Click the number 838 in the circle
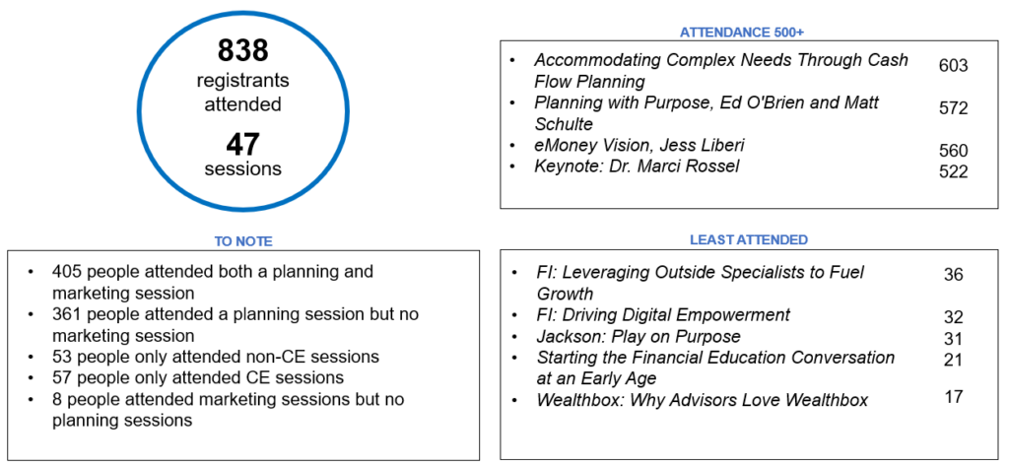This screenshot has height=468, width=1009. [242, 50]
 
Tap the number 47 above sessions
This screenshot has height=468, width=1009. [242, 144]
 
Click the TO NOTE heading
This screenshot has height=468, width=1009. [242, 241]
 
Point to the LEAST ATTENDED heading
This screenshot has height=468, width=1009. [749, 240]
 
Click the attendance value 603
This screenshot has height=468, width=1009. [953, 66]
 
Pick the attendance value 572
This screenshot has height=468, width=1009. [953, 108]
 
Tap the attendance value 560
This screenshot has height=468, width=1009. [953, 151]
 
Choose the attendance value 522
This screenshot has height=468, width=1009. [953, 171]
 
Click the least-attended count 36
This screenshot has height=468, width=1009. [953, 275]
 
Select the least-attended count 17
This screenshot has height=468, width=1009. [953, 396]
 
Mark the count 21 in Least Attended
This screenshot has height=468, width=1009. [953, 360]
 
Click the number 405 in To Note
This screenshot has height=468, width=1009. [66, 272]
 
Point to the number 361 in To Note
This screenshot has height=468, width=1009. [66, 314]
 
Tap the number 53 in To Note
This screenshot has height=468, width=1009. [62, 357]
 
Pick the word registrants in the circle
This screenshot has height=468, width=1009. [242, 81]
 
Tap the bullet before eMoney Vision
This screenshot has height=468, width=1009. [512, 146]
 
